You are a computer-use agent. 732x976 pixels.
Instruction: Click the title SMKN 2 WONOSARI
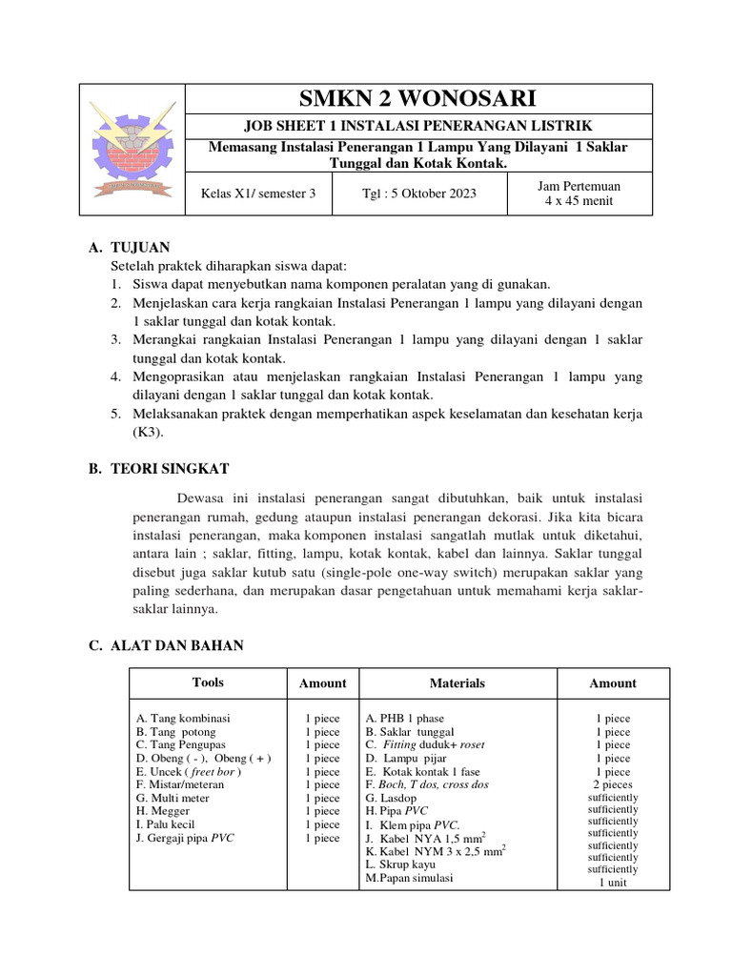[417, 98]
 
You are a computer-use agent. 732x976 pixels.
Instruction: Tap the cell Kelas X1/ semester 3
[257, 193]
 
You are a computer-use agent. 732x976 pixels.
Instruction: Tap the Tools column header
[208, 682]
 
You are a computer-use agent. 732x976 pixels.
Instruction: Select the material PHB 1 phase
[404, 718]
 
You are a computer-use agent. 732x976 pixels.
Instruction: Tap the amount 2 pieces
[612, 784]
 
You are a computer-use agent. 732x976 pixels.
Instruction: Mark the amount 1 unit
[612, 883]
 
